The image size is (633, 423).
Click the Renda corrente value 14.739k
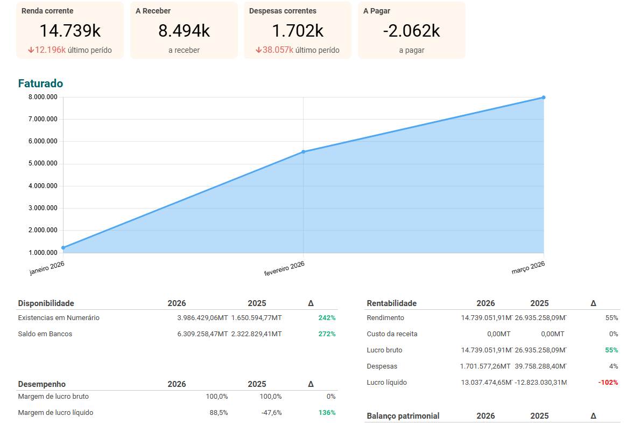70,31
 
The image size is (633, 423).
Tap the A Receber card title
153,11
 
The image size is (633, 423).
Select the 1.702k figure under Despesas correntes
298,31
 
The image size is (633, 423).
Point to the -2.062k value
412,31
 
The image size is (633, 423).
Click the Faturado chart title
40,84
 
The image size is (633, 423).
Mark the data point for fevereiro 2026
304,152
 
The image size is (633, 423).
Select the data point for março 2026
544,98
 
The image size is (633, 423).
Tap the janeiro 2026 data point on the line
64,248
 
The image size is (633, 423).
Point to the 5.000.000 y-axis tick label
43,164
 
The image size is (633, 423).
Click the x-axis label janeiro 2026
47,267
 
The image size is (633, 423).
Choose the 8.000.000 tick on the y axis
43,98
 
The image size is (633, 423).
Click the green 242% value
327,318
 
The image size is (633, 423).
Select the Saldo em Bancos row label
45,334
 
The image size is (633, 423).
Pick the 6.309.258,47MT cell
202,334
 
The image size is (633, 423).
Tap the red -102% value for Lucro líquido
608,383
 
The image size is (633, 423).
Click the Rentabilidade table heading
392,303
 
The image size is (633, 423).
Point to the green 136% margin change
327,413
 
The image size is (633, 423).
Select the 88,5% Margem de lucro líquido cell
219,413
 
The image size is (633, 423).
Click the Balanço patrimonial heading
403,416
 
